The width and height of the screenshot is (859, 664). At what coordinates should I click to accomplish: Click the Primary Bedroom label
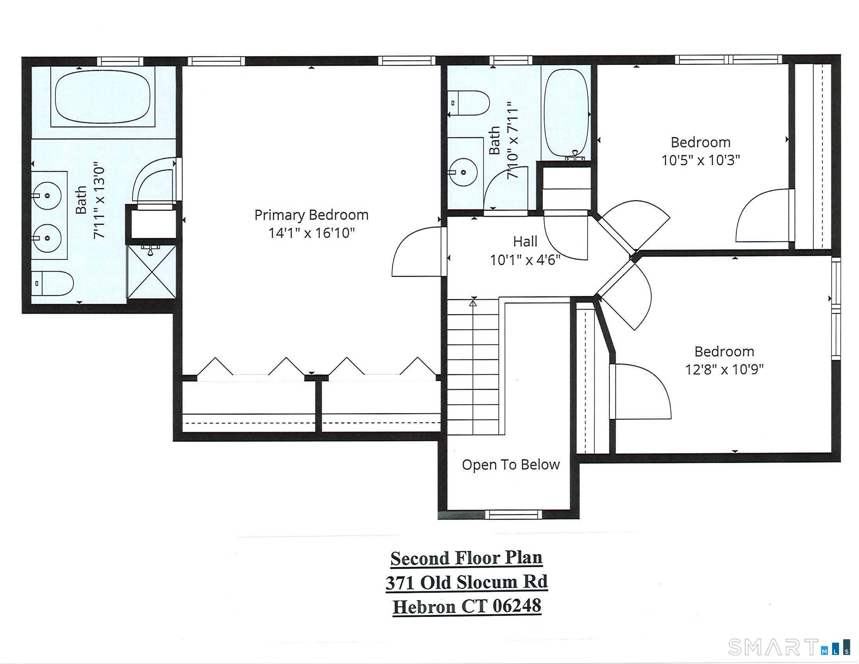tap(311, 215)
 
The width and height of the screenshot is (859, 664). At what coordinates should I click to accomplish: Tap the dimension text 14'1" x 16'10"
tap(311, 233)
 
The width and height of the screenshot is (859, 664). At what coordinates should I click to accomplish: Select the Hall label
tap(525, 241)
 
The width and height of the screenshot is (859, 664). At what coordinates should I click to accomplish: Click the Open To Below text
tap(511, 464)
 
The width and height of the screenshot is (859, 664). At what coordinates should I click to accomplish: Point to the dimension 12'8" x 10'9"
tap(724, 369)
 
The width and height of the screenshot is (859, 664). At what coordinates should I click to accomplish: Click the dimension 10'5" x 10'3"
tap(700, 160)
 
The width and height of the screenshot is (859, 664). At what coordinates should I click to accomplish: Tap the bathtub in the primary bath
tap(103, 97)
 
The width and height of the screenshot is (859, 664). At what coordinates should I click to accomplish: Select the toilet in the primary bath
tap(53, 283)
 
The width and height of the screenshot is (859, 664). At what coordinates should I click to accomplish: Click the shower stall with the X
tap(151, 271)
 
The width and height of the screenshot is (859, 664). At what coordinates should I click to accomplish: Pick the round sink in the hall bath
tap(464, 172)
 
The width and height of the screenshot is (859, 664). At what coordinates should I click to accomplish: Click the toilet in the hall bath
tap(469, 103)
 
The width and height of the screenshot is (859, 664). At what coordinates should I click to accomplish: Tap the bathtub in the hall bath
tap(566, 113)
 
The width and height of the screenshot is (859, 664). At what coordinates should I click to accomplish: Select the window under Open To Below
tap(513, 514)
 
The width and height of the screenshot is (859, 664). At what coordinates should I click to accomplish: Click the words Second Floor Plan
tap(466, 558)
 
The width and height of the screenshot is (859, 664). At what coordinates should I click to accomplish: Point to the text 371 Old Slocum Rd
tap(466, 582)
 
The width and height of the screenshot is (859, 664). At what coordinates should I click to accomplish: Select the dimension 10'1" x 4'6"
tap(525, 260)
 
